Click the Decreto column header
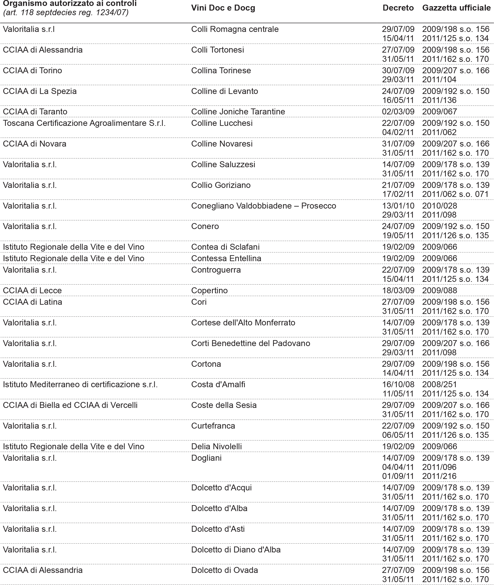tap(398, 8)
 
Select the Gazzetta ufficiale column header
tap(456, 8)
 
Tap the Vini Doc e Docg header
tap(223, 8)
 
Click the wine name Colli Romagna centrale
tap(235, 29)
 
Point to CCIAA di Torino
tap(33, 71)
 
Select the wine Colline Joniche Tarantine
tap(238, 112)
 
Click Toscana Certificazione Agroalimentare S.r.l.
tap(84, 123)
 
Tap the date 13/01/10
tap(398, 206)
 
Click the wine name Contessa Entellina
tap(226, 259)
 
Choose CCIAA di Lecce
tap(32, 291)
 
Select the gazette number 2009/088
tap(439, 291)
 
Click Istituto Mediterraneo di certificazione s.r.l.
tap(80, 385)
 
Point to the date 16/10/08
tap(398, 385)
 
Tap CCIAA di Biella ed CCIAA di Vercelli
tap(70, 405)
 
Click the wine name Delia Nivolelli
tap(216, 446)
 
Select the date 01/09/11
tap(398, 476)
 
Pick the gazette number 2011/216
tap(439, 476)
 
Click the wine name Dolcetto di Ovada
tap(224, 570)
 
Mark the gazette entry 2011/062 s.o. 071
tap(455, 194)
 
